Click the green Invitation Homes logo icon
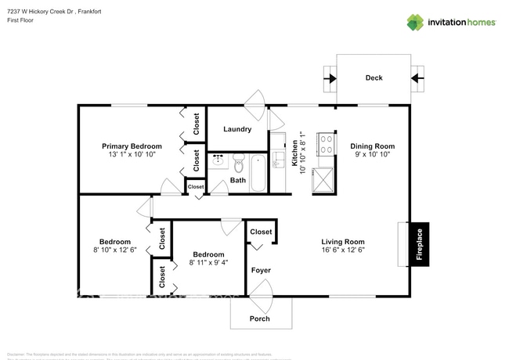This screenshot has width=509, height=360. pyautogui.click(x=415, y=22)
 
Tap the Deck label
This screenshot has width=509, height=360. pyautogui.click(x=374, y=77)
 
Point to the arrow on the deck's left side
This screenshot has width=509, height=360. pyautogui.click(x=330, y=78)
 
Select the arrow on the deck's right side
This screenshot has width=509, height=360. pyautogui.click(x=417, y=78)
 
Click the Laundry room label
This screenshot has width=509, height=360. pyautogui.click(x=236, y=129)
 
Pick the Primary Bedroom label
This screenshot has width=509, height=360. pyautogui.click(x=132, y=146)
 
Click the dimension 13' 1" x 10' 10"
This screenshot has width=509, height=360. pyautogui.click(x=132, y=156)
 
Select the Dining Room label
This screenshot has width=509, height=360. pyautogui.click(x=372, y=146)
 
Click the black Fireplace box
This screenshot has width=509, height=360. pyautogui.click(x=419, y=245)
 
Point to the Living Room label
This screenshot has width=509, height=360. pyautogui.click(x=343, y=241)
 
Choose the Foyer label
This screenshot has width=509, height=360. pyautogui.click(x=261, y=270)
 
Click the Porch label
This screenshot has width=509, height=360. pyautogui.click(x=259, y=319)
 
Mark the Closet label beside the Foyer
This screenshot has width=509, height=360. pyautogui.click(x=261, y=232)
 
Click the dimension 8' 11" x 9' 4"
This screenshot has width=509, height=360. pyautogui.click(x=208, y=264)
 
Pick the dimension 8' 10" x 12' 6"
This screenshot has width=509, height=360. pyautogui.click(x=114, y=250)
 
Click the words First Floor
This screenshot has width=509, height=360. pyautogui.click(x=23, y=22)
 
